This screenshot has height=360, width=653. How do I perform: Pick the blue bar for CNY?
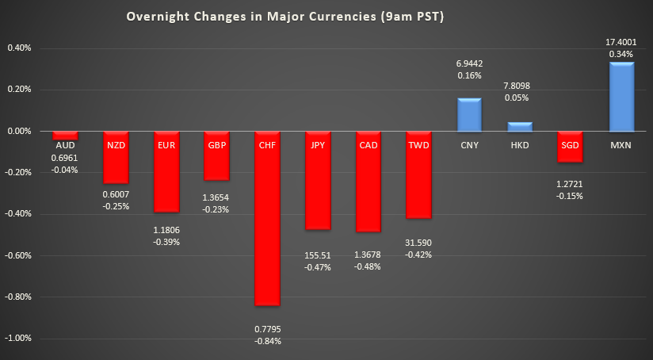tap(469, 115)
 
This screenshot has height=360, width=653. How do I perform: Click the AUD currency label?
tap(64, 146)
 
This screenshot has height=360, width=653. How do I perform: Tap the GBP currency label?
tap(216, 145)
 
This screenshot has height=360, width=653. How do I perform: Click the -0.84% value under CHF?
tap(267, 341)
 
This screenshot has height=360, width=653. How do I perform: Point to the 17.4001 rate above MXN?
tap(621, 40)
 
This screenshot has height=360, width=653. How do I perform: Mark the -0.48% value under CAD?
tap(368, 266)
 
